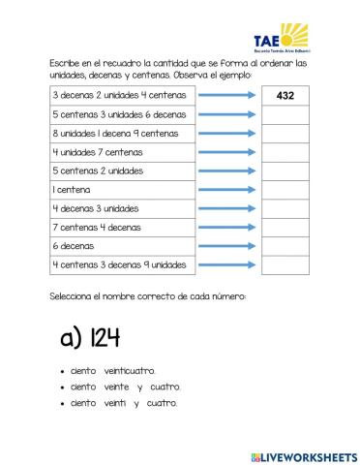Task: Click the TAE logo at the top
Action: [281, 38]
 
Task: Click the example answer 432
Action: [285, 96]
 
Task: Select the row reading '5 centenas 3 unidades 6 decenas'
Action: [122, 114]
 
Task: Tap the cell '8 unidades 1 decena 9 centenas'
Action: [122, 134]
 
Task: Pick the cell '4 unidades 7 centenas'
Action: [122, 152]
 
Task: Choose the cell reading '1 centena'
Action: [122, 190]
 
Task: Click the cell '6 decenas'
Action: [122, 246]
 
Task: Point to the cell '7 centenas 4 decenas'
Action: [122, 227]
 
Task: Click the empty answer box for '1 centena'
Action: [285, 190]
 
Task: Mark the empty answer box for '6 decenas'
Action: [285, 246]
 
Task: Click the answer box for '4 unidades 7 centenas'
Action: [285, 152]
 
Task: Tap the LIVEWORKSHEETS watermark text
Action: [303, 456]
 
